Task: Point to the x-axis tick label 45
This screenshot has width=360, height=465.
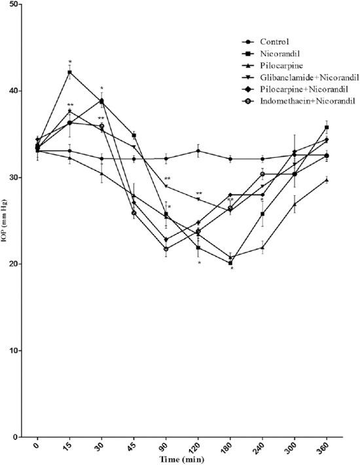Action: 133,447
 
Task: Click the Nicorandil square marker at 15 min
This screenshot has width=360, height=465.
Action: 69,73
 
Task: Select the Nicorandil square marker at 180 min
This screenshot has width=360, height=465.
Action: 230,263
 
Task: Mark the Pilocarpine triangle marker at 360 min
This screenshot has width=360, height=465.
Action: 326,179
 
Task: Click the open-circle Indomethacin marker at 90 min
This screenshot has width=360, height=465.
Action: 166,249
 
